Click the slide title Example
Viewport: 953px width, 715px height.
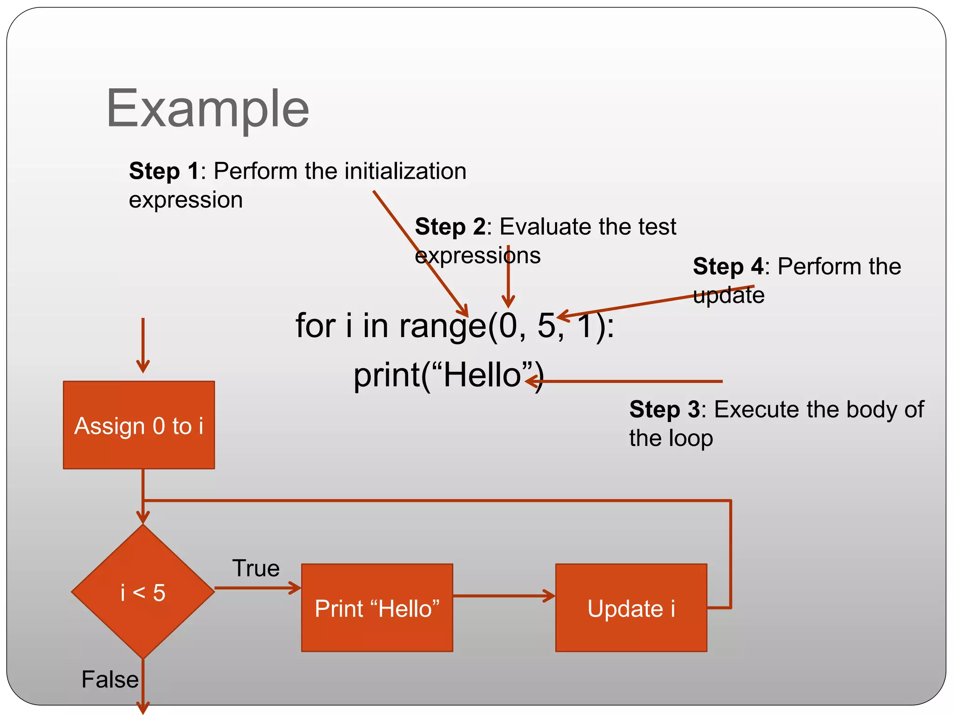tap(208, 110)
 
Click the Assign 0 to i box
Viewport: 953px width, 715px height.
tap(139, 425)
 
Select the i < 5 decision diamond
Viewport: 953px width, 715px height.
tap(143, 592)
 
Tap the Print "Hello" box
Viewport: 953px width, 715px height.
tap(377, 608)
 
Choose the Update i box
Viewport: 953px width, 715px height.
tap(631, 608)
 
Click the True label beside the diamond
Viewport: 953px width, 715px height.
tap(255, 568)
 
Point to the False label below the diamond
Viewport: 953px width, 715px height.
tap(110, 679)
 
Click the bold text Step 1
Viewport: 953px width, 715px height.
tap(164, 171)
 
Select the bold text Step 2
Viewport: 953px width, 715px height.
tap(450, 227)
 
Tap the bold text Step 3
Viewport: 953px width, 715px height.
tap(664, 410)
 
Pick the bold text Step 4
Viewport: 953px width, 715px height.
tap(727, 267)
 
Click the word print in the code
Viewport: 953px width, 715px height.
tap(386, 375)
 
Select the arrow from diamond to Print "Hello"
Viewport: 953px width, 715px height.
tap(257, 588)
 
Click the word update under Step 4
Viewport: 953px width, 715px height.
tap(728, 296)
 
